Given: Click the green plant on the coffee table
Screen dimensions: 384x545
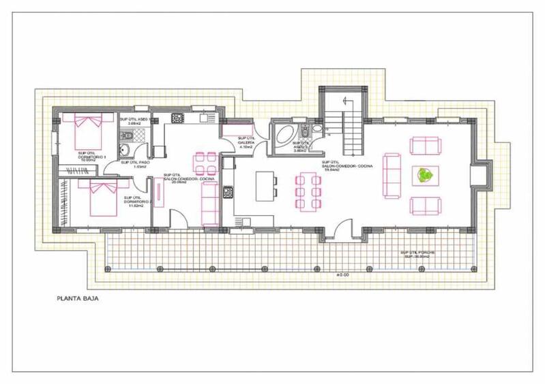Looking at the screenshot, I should click(x=425, y=176).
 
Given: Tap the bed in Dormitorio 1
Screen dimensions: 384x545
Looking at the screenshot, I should click(x=87, y=129).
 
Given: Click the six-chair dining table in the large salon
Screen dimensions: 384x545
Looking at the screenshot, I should click(x=308, y=189).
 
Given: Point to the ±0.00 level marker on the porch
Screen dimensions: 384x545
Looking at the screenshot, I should click(x=342, y=274).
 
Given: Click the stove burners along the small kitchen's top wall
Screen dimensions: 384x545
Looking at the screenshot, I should click(x=177, y=118).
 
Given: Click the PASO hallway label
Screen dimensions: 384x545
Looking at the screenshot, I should click(x=134, y=164).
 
